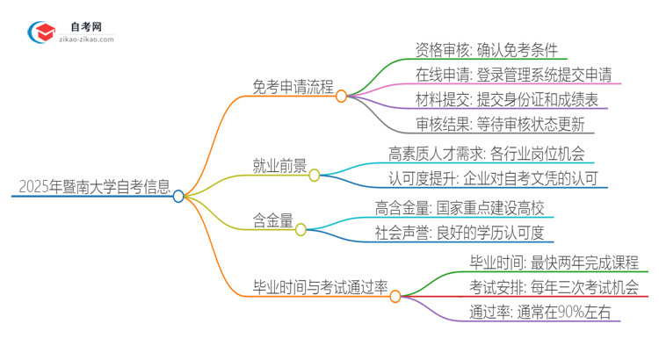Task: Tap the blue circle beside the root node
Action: pos(178,197)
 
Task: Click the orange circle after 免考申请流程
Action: pos(341,97)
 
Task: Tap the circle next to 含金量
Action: pos(301,230)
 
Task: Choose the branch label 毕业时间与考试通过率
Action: pos(320,287)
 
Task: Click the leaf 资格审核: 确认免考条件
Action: pos(486,50)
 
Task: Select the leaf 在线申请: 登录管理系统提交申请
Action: pos(514,74)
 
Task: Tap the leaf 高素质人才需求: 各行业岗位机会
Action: pos(486,155)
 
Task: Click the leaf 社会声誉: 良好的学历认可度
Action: pos(460,234)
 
